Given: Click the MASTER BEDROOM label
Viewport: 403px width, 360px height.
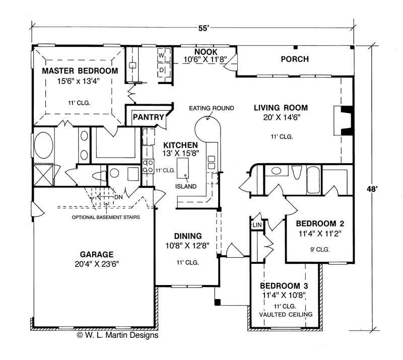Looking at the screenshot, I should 80,70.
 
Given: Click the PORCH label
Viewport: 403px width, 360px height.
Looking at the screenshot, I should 294,59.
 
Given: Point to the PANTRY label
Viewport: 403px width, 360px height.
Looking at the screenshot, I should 149,118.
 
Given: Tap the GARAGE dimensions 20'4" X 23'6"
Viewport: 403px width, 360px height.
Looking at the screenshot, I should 96,263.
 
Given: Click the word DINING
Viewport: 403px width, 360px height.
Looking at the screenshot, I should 187,236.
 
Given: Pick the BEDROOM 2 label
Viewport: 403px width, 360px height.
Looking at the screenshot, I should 319,224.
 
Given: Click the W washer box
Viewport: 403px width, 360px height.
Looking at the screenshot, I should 162,54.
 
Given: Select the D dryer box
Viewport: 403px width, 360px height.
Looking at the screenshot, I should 162,69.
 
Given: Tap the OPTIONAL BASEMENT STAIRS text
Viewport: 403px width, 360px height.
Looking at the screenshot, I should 105,218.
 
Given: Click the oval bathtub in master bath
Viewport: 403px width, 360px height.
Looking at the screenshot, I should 44,146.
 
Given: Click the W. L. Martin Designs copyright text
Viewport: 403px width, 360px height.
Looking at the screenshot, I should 117,334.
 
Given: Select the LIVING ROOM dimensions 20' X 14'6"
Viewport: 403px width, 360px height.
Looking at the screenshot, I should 281,117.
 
